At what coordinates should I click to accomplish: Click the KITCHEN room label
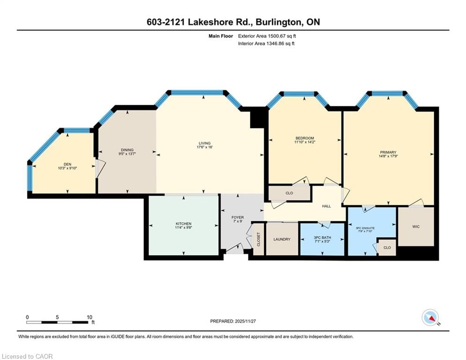click(184, 224)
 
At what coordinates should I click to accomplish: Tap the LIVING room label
click(204, 143)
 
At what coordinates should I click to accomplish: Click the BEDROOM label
click(304, 138)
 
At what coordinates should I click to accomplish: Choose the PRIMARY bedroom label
click(388, 152)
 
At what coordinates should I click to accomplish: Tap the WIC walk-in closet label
click(415, 226)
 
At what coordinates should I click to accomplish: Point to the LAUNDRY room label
click(282, 239)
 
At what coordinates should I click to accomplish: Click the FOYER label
click(238, 217)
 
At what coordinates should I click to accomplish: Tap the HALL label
click(326, 205)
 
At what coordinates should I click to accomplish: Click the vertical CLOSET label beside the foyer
click(258, 239)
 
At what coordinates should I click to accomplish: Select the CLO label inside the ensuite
click(387, 247)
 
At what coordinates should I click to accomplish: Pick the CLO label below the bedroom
click(289, 193)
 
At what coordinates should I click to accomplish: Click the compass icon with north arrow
click(429, 317)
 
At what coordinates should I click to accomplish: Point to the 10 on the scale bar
click(89, 317)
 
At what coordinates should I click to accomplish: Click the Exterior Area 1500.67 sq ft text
click(267, 36)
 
